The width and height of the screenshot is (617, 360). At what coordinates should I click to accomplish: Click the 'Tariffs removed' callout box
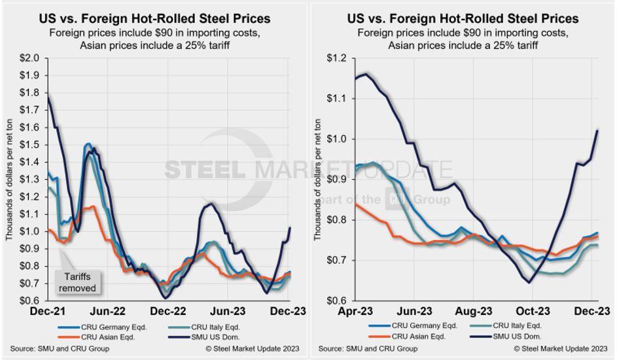point(77,282)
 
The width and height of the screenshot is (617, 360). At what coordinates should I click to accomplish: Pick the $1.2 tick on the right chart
point(338,58)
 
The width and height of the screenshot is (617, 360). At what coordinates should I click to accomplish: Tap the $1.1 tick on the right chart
point(338,98)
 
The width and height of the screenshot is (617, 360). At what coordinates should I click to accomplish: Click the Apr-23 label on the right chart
point(355,311)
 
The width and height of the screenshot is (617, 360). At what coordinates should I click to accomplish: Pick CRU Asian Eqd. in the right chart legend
point(414,336)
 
